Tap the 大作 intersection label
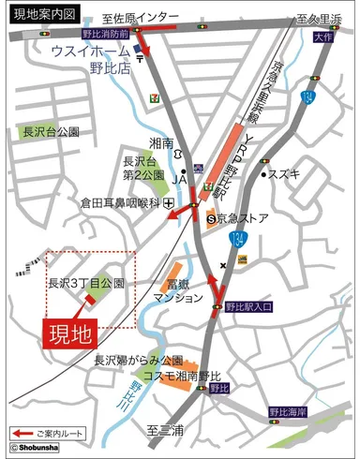tap(323, 37)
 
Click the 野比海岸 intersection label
tap(287, 410)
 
